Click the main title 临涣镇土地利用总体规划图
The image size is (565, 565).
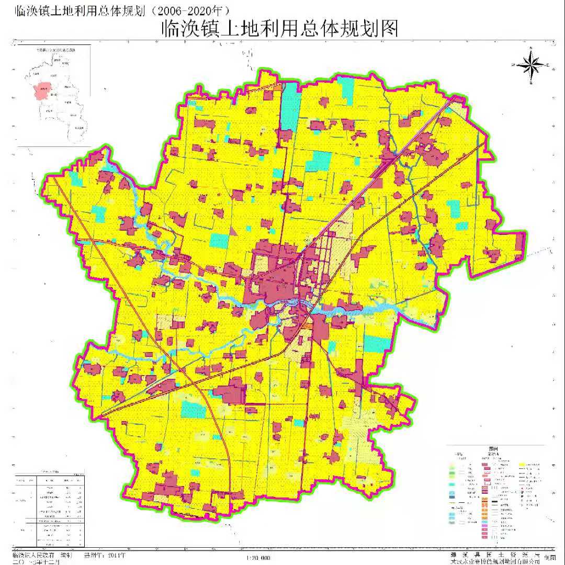pos(280,28)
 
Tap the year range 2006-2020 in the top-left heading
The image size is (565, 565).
pos(189,9)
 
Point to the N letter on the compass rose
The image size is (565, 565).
pos(530,48)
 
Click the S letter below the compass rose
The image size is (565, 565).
pos(530,83)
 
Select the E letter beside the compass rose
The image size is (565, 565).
pos(547,65)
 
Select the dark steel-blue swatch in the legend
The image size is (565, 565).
pos(453,492)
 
